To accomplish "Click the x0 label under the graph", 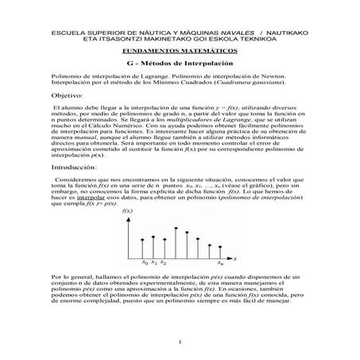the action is click(145, 261).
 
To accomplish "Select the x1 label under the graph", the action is click(154, 261).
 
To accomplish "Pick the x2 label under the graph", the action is click(163, 261).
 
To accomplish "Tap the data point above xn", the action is click(220, 246).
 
